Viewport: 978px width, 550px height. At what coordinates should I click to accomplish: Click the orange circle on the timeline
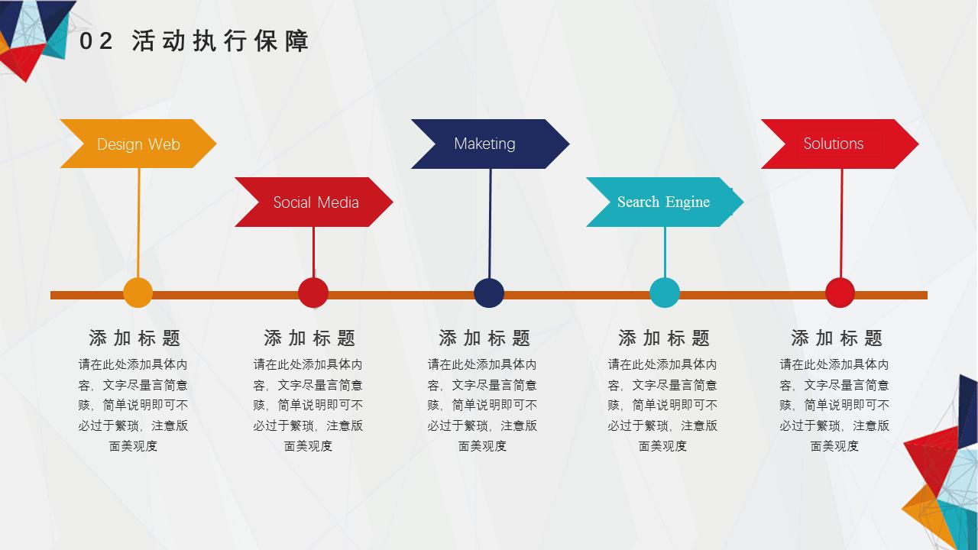point(138,293)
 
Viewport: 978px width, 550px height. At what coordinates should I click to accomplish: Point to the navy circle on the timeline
point(489,293)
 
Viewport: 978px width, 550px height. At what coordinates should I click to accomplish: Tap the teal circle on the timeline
point(665,293)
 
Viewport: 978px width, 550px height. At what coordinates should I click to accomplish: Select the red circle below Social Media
point(313,293)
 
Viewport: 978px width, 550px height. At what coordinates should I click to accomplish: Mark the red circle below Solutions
point(840,293)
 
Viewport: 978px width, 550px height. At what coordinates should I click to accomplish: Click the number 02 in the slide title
point(96,42)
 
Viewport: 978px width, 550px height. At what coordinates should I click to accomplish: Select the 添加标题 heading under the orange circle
point(134,338)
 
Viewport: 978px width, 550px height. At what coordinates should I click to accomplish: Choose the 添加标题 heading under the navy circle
point(484,338)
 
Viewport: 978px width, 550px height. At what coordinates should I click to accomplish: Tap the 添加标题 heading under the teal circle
point(664,338)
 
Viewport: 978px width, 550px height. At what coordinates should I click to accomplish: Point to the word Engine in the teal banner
point(688,202)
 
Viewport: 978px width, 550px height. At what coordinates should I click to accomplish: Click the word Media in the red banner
point(338,202)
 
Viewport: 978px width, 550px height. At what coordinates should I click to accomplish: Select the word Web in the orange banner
point(164,144)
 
